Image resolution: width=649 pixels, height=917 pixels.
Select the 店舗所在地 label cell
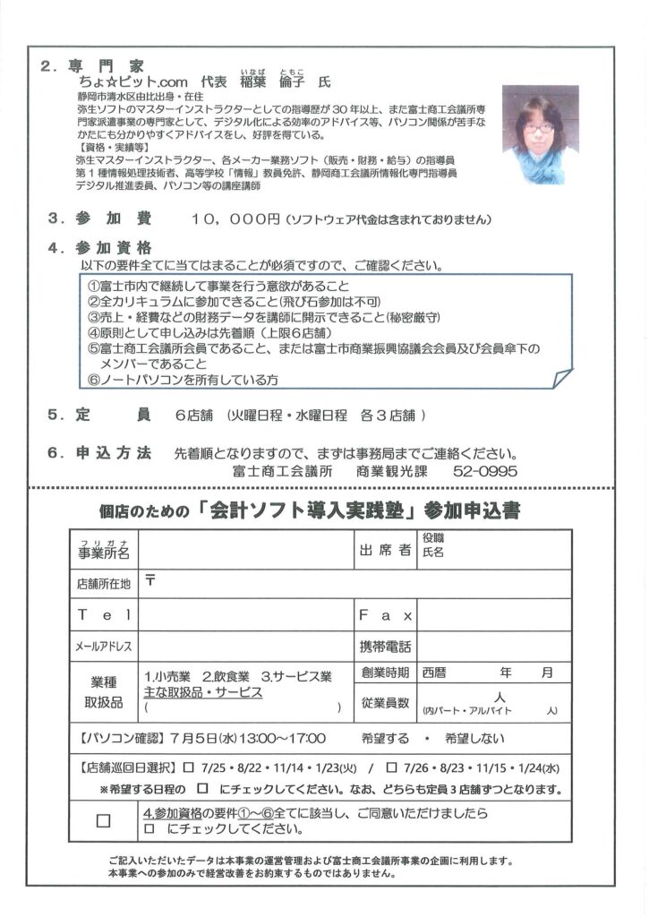pyautogui.click(x=104, y=583)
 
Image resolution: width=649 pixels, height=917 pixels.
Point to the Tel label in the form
pyautogui.click(x=104, y=615)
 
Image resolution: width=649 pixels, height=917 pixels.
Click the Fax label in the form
pyautogui.click(x=385, y=615)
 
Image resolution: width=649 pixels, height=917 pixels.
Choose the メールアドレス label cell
pyautogui.click(x=104, y=647)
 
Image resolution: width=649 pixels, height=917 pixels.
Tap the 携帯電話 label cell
pyautogui.click(x=386, y=647)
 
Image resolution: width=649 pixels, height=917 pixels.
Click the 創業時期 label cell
pyautogui.click(x=386, y=673)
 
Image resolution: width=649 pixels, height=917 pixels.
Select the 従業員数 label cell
pyautogui.click(x=386, y=703)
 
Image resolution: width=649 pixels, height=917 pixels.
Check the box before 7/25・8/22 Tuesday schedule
pyautogui.click(x=189, y=767)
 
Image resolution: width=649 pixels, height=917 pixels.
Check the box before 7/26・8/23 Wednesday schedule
pyautogui.click(x=391, y=767)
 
